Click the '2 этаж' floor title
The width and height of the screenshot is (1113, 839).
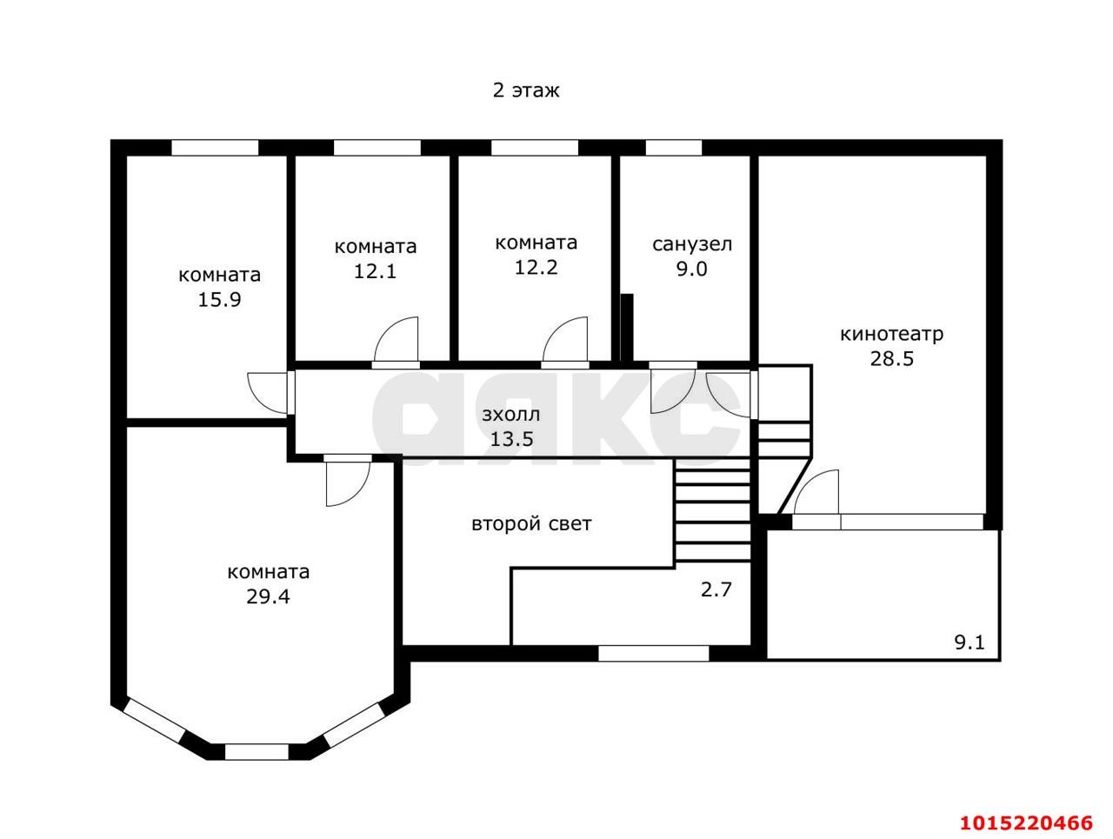[x=525, y=90]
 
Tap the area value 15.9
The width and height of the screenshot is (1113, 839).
[x=219, y=300]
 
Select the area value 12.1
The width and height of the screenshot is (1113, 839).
[x=375, y=272]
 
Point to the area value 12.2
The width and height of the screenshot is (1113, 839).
[x=536, y=267]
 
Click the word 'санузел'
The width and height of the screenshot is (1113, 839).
[x=691, y=244]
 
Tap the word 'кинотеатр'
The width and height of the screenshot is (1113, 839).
[x=891, y=334]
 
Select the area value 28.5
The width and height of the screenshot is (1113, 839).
[x=891, y=359]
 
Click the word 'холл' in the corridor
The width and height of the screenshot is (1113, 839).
[x=517, y=415]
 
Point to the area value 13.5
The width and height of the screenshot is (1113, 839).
[x=511, y=439]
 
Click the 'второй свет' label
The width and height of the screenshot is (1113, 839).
[x=531, y=523]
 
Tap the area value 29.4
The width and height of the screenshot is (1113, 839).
[x=268, y=596]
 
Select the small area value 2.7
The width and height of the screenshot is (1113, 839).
[x=716, y=589]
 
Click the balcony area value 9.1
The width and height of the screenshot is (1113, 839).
[x=969, y=643]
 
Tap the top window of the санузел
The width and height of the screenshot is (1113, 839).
[x=673, y=148]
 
